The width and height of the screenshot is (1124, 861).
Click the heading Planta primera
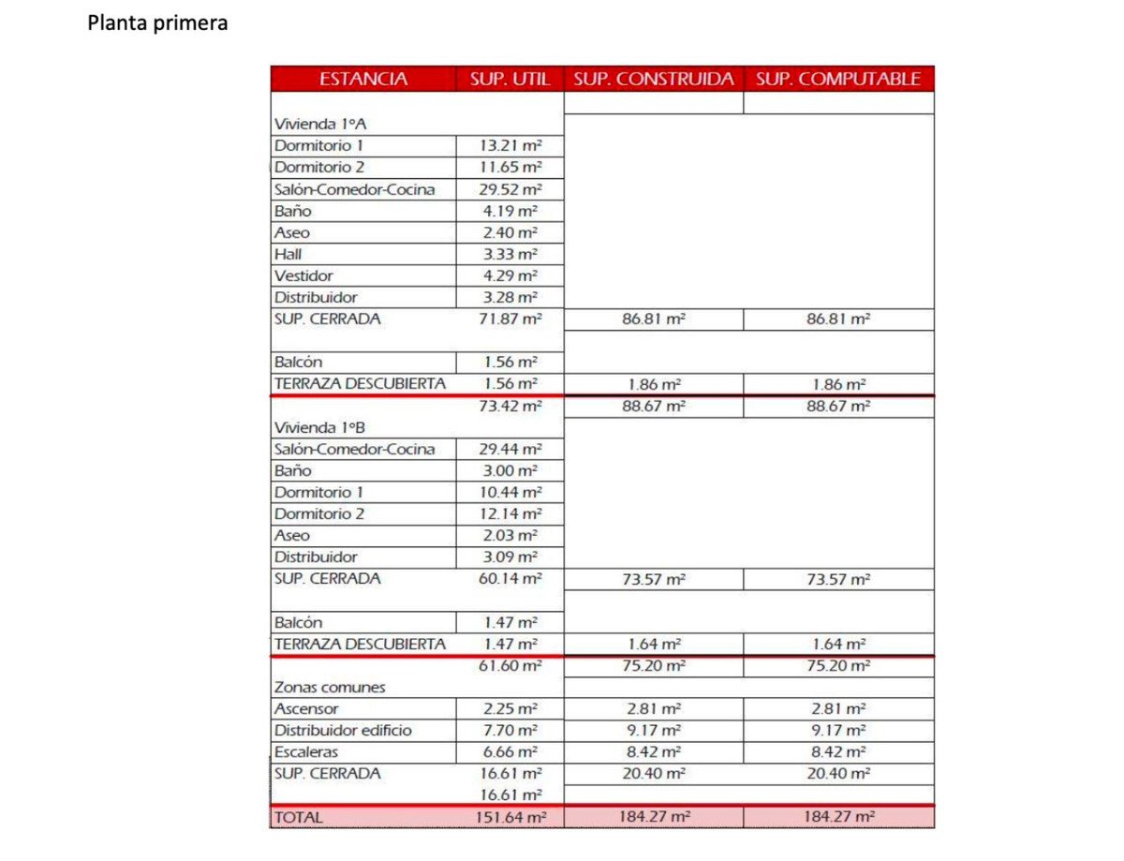[x=157, y=23]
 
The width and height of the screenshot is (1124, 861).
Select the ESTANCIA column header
[x=363, y=79]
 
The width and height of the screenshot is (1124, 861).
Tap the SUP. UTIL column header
[x=510, y=79]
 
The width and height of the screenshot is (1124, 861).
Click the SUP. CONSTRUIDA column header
[x=653, y=79]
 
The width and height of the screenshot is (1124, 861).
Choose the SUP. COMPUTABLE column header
[x=838, y=79]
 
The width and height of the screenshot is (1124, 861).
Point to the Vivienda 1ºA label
[x=313, y=124]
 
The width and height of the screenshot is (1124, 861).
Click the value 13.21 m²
[x=510, y=145]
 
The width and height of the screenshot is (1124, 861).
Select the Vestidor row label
[x=303, y=275]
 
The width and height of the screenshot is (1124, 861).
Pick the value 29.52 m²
[x=510, y=189]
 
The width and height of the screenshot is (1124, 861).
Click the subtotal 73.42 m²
[x=510, y=406]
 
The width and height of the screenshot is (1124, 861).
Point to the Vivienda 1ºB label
[x=313, y=427]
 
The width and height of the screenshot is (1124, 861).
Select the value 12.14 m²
[x=510, y=513]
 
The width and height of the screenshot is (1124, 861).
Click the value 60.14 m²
[x=510, y=578]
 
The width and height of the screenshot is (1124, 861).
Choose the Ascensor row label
[x=306, y=708]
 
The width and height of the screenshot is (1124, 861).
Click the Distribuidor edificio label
[x=343, y=730]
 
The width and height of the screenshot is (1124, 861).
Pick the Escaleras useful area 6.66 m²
[x=510, y=751]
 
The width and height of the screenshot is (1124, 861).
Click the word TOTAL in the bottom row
[x=298, y=817]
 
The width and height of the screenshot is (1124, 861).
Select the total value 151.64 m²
[x=510, y=817]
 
